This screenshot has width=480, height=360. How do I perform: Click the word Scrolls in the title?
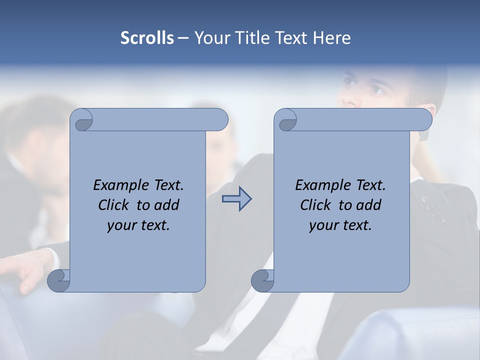coord(147,38)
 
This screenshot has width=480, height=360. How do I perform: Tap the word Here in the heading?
coord(331,38)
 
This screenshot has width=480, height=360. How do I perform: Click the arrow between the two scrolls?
coord(236,199)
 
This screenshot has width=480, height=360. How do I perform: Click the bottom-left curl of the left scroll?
coord(59,280)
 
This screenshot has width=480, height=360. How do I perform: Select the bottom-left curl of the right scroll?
coord(262,280)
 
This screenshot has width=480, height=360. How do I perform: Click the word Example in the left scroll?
coord(118,185)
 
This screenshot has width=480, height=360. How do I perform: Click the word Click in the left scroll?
coord(114,205)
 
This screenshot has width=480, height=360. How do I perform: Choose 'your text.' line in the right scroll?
coord(340,225)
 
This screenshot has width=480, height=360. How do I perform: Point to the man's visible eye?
coord(376,90)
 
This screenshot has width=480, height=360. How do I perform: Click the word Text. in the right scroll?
coord(366,185)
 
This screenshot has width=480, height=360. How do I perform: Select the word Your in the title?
coord(212,38)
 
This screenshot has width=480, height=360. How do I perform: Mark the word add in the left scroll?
coord(167,205)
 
